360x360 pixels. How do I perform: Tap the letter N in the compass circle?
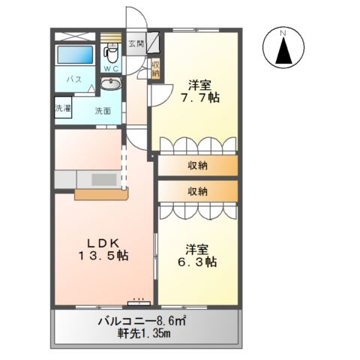[283, 34]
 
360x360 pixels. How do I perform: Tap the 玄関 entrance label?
[136, 43]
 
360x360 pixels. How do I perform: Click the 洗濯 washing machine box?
[64, 108]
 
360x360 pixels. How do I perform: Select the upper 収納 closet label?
[197, 166]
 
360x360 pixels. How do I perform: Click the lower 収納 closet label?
[197, 191]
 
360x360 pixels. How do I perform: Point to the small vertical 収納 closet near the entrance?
[155, 70]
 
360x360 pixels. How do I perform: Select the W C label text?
[111, 69]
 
